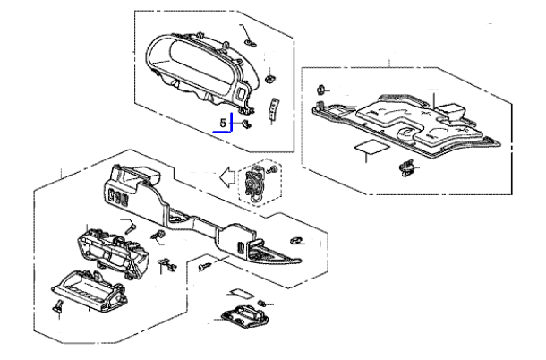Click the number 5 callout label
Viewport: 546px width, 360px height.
pyautogui.click(x=223, y=123)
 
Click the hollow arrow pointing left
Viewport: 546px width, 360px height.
pyautogui.click(x=226, y=177)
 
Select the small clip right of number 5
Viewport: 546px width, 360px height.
pyautogui.click(x=247, y=124)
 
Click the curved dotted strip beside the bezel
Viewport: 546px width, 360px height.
pyautogui.click(x=274, y=109)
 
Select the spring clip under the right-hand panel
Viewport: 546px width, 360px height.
pyautogui.click(x=406, y=167)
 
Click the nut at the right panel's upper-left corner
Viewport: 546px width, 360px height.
pyautogui.click(x=321, y=90)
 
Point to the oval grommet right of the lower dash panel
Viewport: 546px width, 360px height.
pyautogui.click(x=296, y=240)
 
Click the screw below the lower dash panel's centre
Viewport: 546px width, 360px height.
pyautogui.click(x=204, y=267)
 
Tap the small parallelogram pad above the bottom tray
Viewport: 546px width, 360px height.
pyautogui.click(x=242, y=293)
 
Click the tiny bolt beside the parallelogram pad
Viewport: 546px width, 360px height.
pyautogui.click(x=262, y=303)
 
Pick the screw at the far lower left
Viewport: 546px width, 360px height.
pyautogui.click(x=59, y=305)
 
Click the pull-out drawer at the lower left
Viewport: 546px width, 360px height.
pyautogui.click(x=89, y=290)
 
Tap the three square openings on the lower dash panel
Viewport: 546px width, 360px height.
pyautogui.click(x=117, y=196)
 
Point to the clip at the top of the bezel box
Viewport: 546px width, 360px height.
pyautogui.click(x=250, y=43)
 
